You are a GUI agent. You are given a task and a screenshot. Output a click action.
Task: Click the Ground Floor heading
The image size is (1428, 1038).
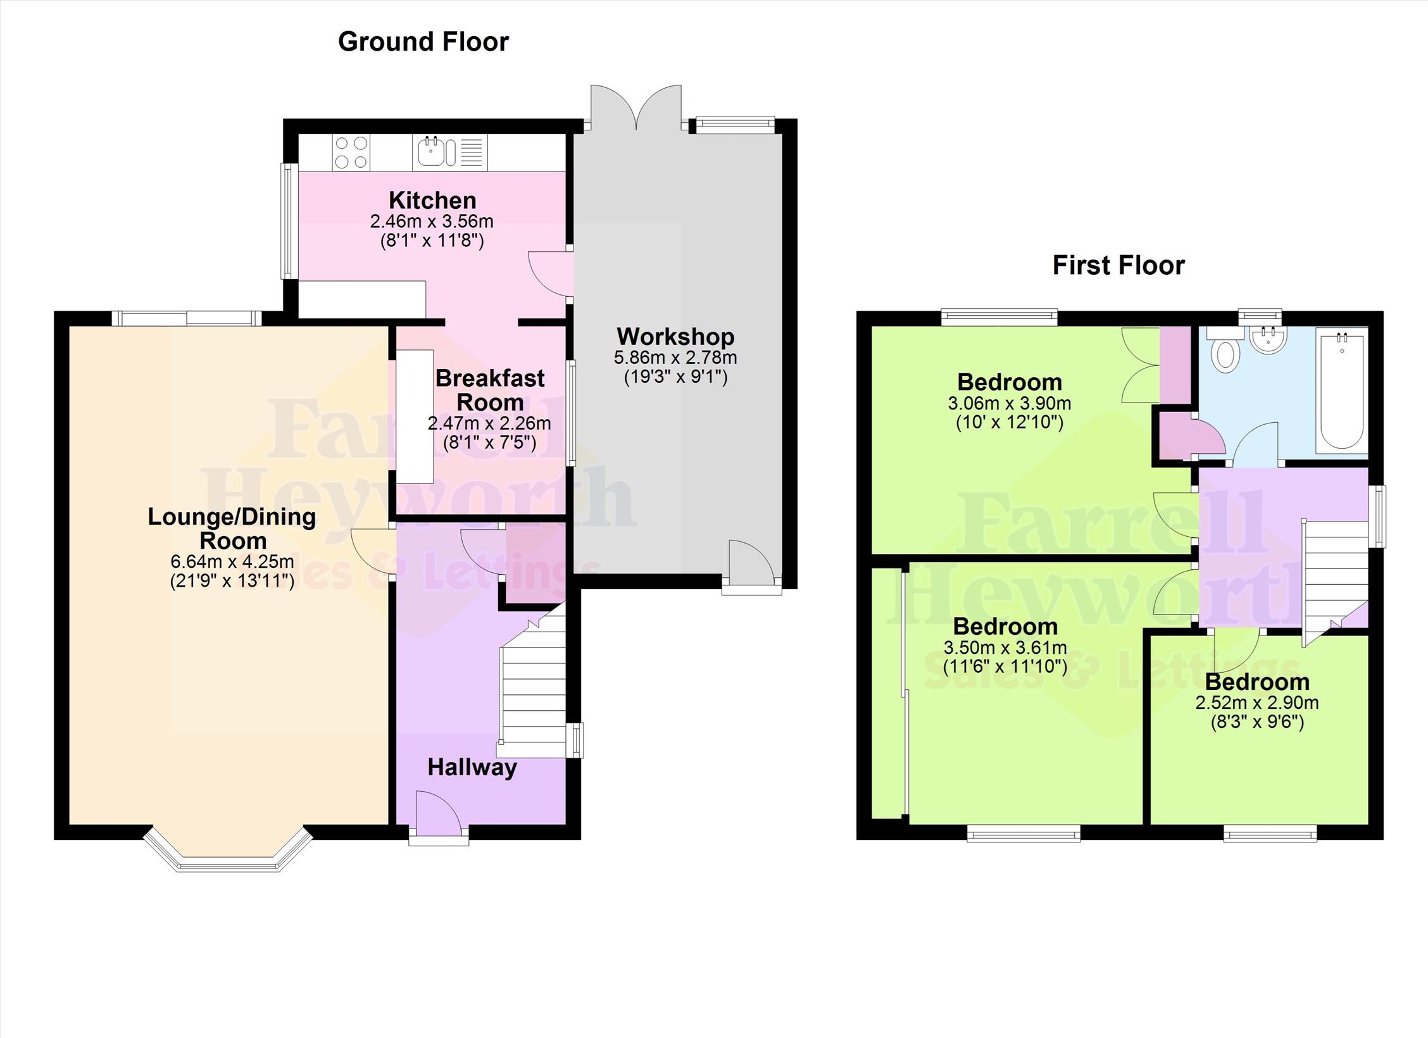click(x=423, y=42)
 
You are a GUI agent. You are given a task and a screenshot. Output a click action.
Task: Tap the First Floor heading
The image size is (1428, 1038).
click(x=1118, y=265)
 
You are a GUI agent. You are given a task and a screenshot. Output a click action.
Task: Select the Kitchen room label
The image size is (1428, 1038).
click(x=432, y=200)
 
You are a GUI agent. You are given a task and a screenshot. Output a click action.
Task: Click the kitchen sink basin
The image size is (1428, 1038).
click(x=433, y=152)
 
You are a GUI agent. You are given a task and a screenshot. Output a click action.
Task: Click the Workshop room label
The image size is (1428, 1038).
click(x=675, y=336)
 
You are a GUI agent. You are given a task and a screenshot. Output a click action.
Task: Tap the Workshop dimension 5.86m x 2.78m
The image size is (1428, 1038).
click(x=675, y=358)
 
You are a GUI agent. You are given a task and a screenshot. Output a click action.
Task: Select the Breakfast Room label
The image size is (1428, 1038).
click(x=490, y=390)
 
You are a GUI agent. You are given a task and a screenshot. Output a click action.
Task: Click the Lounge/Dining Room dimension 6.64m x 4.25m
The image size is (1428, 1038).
click(x=232, y=561)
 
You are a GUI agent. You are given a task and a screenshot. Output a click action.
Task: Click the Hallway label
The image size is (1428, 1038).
click(x=472, y=768)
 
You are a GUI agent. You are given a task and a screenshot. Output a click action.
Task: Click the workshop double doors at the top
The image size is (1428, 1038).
click(x=637, y=108)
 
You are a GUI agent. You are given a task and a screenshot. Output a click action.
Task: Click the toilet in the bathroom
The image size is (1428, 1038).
click(x=1226, y=349)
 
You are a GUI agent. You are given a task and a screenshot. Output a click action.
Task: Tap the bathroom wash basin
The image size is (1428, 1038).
click(x=1268, y=339)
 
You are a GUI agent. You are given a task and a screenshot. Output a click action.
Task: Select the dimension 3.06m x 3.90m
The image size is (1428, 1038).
click(x=1010, y=403)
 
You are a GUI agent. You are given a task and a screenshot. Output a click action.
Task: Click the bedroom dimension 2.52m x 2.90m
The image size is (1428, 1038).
click(x=1257, y=703)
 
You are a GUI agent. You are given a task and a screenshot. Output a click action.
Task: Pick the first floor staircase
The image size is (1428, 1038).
click(x=1333, y=582)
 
